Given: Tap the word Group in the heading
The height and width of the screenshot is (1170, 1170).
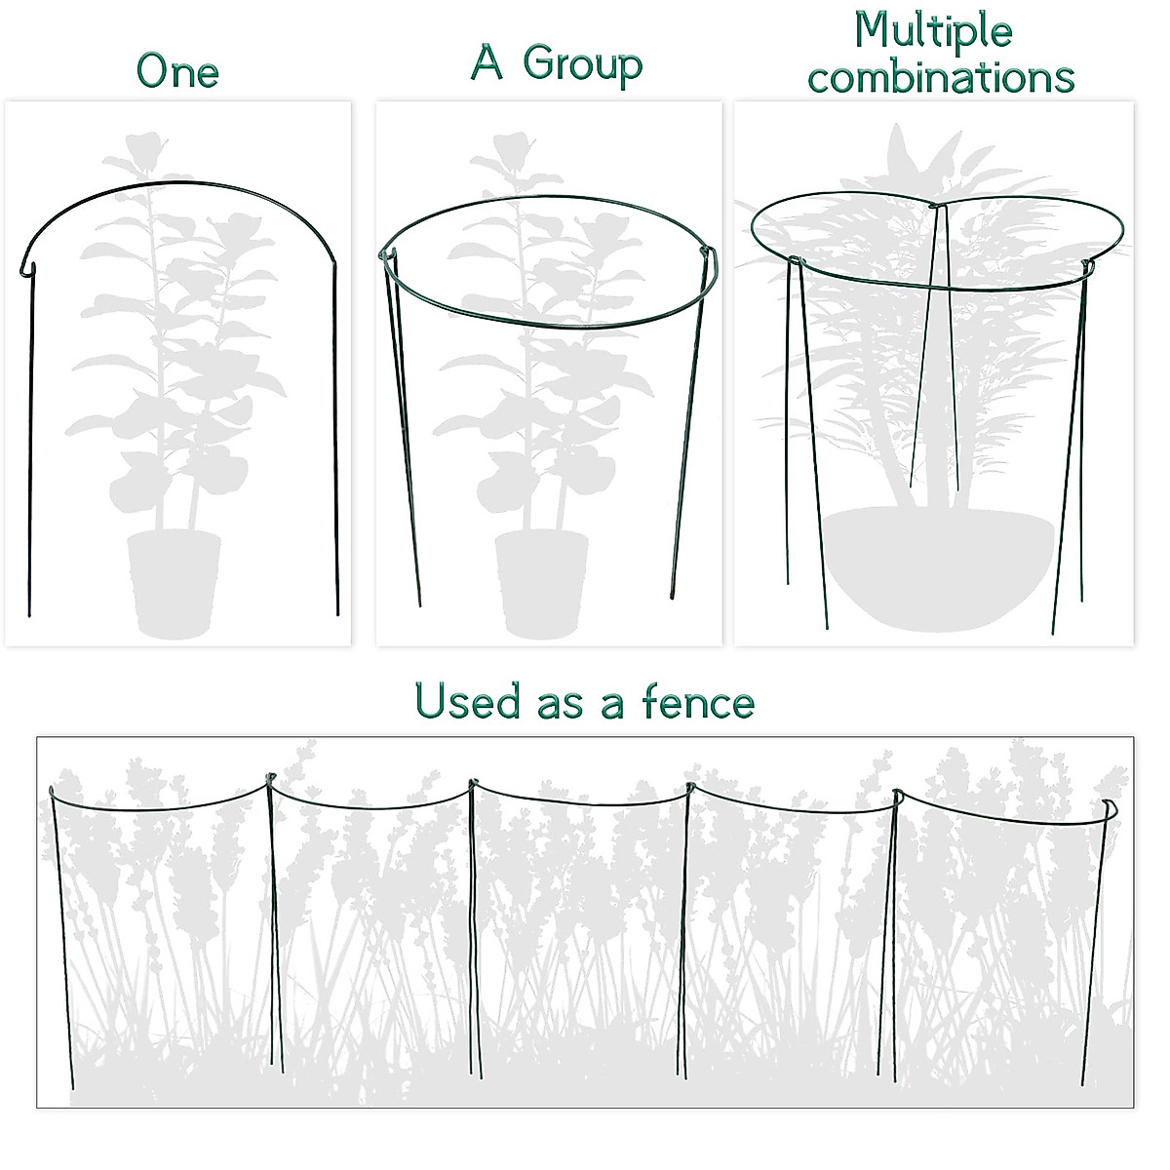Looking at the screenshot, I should tap(582, 64).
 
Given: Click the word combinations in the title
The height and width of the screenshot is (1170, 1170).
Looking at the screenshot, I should tap(941, 77).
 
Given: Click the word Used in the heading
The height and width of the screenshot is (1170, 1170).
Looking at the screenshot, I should tap(466, 701).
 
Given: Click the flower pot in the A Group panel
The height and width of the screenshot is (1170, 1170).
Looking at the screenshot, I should tap(541, 581).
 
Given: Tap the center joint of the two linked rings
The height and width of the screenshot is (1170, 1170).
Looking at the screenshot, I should tap(937, 207).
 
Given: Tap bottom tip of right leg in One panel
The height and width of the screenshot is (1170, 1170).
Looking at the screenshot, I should tap(337, 613).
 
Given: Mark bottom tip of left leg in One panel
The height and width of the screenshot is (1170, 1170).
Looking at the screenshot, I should tap(29, 615).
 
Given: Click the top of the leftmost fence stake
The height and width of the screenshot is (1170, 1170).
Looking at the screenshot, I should tap(51, 789).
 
